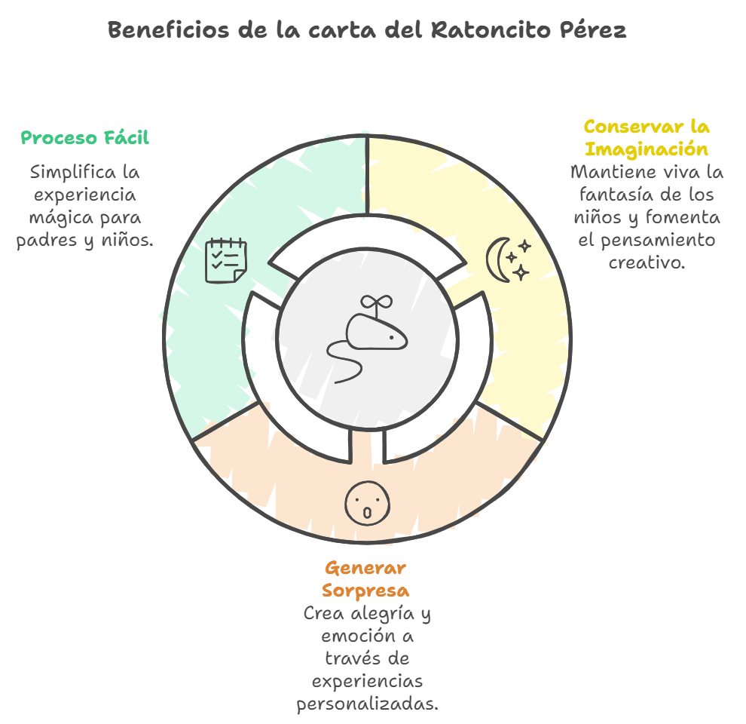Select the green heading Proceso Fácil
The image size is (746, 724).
coord(84,138)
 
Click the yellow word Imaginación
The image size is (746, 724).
coord(647,148)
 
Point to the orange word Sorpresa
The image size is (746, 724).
coord(365,589)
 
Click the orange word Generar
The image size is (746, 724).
coord(365,568)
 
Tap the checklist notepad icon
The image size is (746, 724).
coord(226,260)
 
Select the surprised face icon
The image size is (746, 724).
coord(368,503)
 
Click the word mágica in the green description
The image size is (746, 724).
coord(57,218)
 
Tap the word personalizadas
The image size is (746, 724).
coord(367,704)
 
